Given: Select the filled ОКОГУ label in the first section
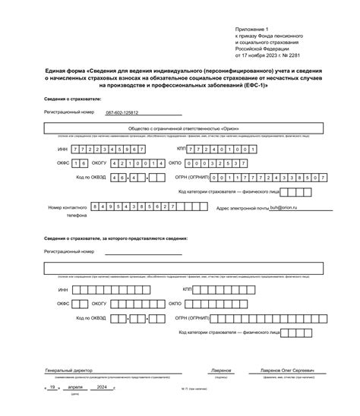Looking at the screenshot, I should tap(100, 162).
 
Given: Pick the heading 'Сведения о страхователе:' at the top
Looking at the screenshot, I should tap(72, 99).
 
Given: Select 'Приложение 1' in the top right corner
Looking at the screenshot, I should tap(251, 27).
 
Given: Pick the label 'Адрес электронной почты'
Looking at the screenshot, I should tap(242, 207).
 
